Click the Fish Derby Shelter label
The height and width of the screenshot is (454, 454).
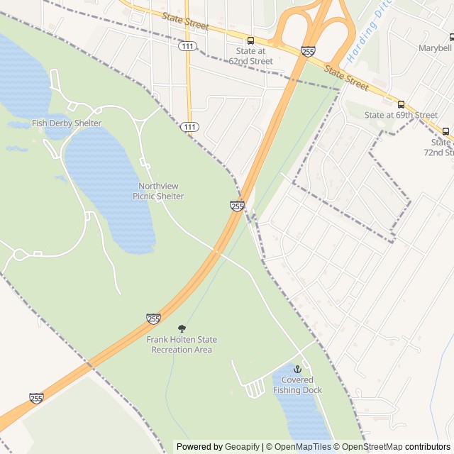(67, 123)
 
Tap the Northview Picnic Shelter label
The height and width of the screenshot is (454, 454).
(157, 191)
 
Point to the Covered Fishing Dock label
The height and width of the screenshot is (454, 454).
(297, 385)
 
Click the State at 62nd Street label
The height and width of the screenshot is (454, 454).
(250, 56)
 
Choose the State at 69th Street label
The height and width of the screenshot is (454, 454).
(401, 115)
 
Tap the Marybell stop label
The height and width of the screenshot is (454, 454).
(433, 48)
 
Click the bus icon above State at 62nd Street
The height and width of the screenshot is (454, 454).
(250, 40)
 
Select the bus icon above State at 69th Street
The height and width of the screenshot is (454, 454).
(401, 104)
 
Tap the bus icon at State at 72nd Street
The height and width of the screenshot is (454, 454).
(445, 131)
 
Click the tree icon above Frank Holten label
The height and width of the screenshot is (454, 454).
(182, 328)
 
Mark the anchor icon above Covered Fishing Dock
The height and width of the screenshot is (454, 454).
(297, 370)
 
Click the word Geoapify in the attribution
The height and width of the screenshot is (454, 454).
(243, 447)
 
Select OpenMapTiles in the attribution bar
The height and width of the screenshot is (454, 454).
(298, 447)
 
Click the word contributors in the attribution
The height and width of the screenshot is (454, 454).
(428, 447)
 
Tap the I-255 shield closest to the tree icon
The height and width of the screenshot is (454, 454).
(154, 319)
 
